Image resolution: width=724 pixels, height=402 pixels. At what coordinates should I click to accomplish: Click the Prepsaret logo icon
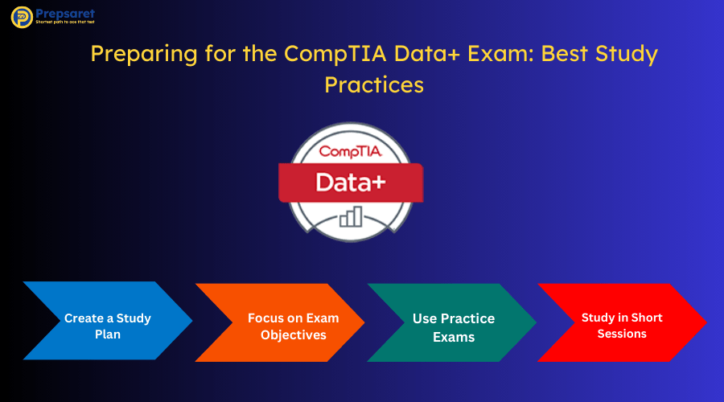[22, 18]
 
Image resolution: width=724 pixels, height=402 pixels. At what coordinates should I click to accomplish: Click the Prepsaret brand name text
[64, 14]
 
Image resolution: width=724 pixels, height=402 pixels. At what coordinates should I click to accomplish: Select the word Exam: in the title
[497, 55]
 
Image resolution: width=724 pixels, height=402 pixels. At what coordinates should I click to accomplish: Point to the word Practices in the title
[373, 84]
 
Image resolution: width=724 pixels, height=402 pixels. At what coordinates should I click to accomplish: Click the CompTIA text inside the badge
[351, 151]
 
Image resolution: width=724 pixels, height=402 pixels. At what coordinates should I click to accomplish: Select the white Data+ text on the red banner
[351, 182]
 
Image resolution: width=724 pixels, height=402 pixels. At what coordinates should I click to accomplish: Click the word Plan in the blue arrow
[107, 334]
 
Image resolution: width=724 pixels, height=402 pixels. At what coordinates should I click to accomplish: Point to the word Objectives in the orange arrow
[293, 334]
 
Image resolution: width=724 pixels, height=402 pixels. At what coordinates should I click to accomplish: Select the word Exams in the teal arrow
[454, 337]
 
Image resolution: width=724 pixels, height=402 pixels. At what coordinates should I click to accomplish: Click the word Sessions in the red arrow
[622, 334]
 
